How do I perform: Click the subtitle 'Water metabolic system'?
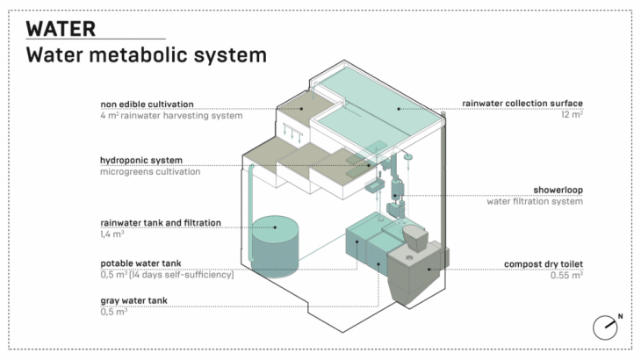146,55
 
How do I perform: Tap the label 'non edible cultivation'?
147,104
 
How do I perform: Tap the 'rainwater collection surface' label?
523,104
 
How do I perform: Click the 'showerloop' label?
558,189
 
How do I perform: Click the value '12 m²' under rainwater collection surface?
572,115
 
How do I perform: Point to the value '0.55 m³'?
565,275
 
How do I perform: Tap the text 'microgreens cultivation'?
150,171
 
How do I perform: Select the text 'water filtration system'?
535,200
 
